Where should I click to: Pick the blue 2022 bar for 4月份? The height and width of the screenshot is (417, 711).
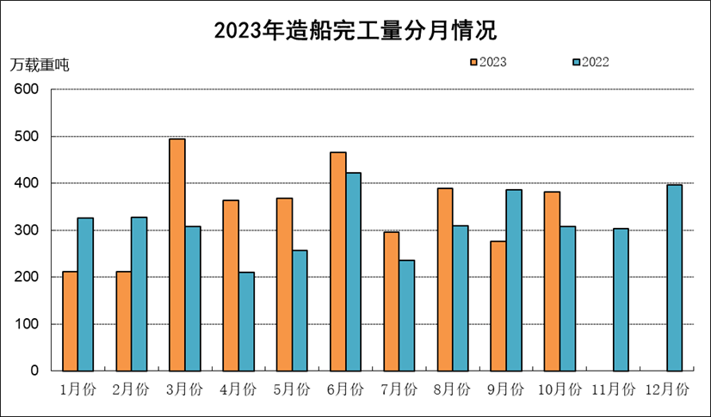tap(246, 322)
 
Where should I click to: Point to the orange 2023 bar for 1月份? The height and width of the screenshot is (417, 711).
tap(70, 322)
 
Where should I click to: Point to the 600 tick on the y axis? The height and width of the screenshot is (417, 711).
tap(26, 89)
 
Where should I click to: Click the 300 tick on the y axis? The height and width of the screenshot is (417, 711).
tap(26, 230)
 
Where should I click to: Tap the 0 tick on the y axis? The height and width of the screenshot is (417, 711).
tap(34, 371)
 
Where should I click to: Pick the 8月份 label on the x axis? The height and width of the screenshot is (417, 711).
tap(451, 389)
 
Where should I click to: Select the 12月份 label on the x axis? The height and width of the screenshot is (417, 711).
tap(667, 389)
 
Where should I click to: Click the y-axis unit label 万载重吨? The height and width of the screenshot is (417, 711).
tap(40, 64)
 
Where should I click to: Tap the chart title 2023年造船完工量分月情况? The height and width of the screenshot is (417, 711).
tap(355, 31)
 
